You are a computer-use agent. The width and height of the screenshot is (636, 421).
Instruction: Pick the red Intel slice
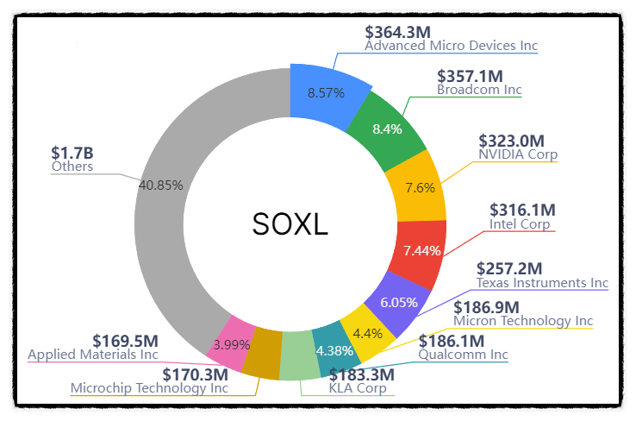click(421, 250)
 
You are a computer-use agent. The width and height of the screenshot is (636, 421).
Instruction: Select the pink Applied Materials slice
click(232, 343)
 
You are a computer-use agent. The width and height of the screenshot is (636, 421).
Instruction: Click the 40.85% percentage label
click(159, 184)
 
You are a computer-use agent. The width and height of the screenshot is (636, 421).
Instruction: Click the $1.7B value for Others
click(72, 153)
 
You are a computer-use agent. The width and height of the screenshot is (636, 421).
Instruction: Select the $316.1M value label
click(522, 210)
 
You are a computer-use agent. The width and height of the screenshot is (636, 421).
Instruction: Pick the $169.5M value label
click(126, 341)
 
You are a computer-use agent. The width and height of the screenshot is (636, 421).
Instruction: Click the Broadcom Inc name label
click(479, 90)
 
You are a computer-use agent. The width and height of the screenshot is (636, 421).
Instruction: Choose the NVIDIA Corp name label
click(518, 155)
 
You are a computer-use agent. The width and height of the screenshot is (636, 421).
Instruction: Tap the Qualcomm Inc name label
click(463, 355)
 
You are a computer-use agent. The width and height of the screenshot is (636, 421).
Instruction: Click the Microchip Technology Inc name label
click(149, 387)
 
